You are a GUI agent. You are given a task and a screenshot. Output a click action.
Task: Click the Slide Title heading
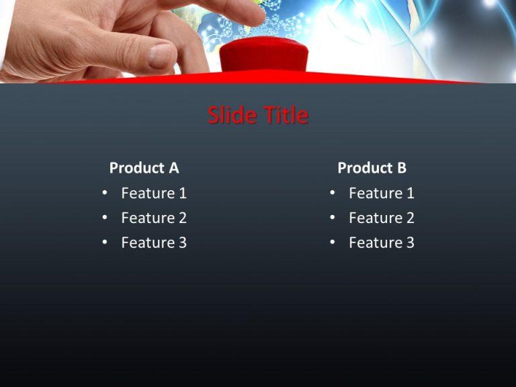258,116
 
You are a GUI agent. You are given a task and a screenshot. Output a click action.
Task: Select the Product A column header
144,168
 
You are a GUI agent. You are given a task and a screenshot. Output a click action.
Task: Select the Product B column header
372,168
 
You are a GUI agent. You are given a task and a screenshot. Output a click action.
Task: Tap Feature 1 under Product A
154,193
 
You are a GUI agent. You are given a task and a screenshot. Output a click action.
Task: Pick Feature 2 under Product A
154,218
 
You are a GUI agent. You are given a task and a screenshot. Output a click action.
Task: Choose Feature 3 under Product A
154,243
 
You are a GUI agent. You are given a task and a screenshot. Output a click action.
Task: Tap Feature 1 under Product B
382,193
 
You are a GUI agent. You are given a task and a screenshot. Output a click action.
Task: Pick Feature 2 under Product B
382,218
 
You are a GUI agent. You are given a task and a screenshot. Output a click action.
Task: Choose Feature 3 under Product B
382,243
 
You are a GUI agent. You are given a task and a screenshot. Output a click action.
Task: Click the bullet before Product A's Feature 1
105,194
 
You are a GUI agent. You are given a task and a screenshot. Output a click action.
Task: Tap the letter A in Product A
174,168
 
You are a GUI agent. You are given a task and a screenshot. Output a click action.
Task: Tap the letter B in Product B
402,168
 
